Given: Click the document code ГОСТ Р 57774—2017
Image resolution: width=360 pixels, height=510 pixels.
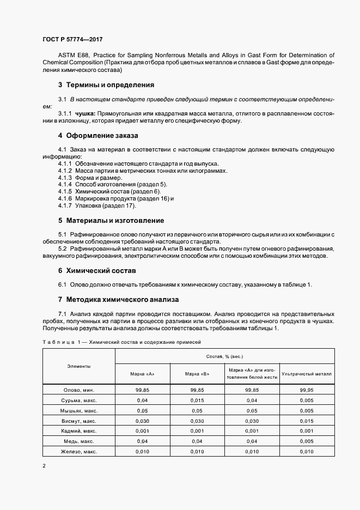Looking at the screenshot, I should pyautogui.click(x=72, y=40).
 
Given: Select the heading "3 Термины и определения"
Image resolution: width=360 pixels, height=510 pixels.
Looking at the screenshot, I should pyautogui.click(x=106, y=85).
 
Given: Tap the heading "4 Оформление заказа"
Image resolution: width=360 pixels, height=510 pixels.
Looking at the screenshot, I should pyautogui.click(x=98, y=135).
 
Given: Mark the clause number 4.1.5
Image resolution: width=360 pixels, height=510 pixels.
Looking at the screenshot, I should pyautogui.click(x=65, y=191).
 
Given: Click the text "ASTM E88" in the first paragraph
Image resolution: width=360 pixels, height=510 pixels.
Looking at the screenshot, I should pyautogui.click(x=71, y=55).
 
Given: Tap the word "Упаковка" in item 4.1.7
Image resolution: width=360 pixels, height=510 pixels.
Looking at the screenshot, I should pyautogui.click(x=88, y=205).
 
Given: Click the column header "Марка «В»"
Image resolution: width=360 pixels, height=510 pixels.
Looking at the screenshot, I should pyautogui.click(x=197, y=374).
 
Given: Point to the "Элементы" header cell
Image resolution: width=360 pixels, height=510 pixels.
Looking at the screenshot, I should pyautogui.click(x=79, y=366).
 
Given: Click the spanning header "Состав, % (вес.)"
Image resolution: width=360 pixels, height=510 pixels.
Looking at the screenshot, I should pyautogui.click(x=224, y=355).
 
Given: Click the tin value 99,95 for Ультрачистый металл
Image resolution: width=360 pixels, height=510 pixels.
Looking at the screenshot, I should pyautogui.click(x=307, y=390).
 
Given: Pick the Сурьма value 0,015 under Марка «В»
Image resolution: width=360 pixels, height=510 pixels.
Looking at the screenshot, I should pyautogui.click(x=197, y=400).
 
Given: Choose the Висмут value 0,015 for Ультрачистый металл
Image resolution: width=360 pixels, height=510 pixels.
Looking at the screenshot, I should pyautogui.click(x=307, y=421).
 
